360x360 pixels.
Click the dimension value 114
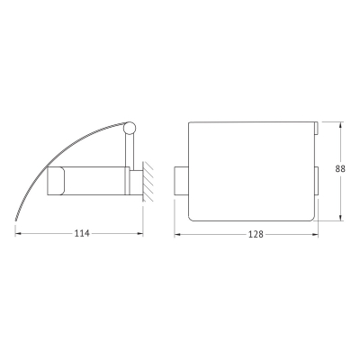[82, 233]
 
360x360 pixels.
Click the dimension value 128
[256, 234]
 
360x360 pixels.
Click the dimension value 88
[340, 169]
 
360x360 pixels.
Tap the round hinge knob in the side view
[130, 127]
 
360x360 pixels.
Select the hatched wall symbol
[148, 182]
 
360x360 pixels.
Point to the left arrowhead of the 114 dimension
[18, 234]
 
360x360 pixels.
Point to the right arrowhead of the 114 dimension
[140, 234]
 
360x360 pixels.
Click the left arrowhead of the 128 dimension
[177, 234]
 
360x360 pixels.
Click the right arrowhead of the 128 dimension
[315, 234]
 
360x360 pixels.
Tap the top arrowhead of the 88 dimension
[340, 125]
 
